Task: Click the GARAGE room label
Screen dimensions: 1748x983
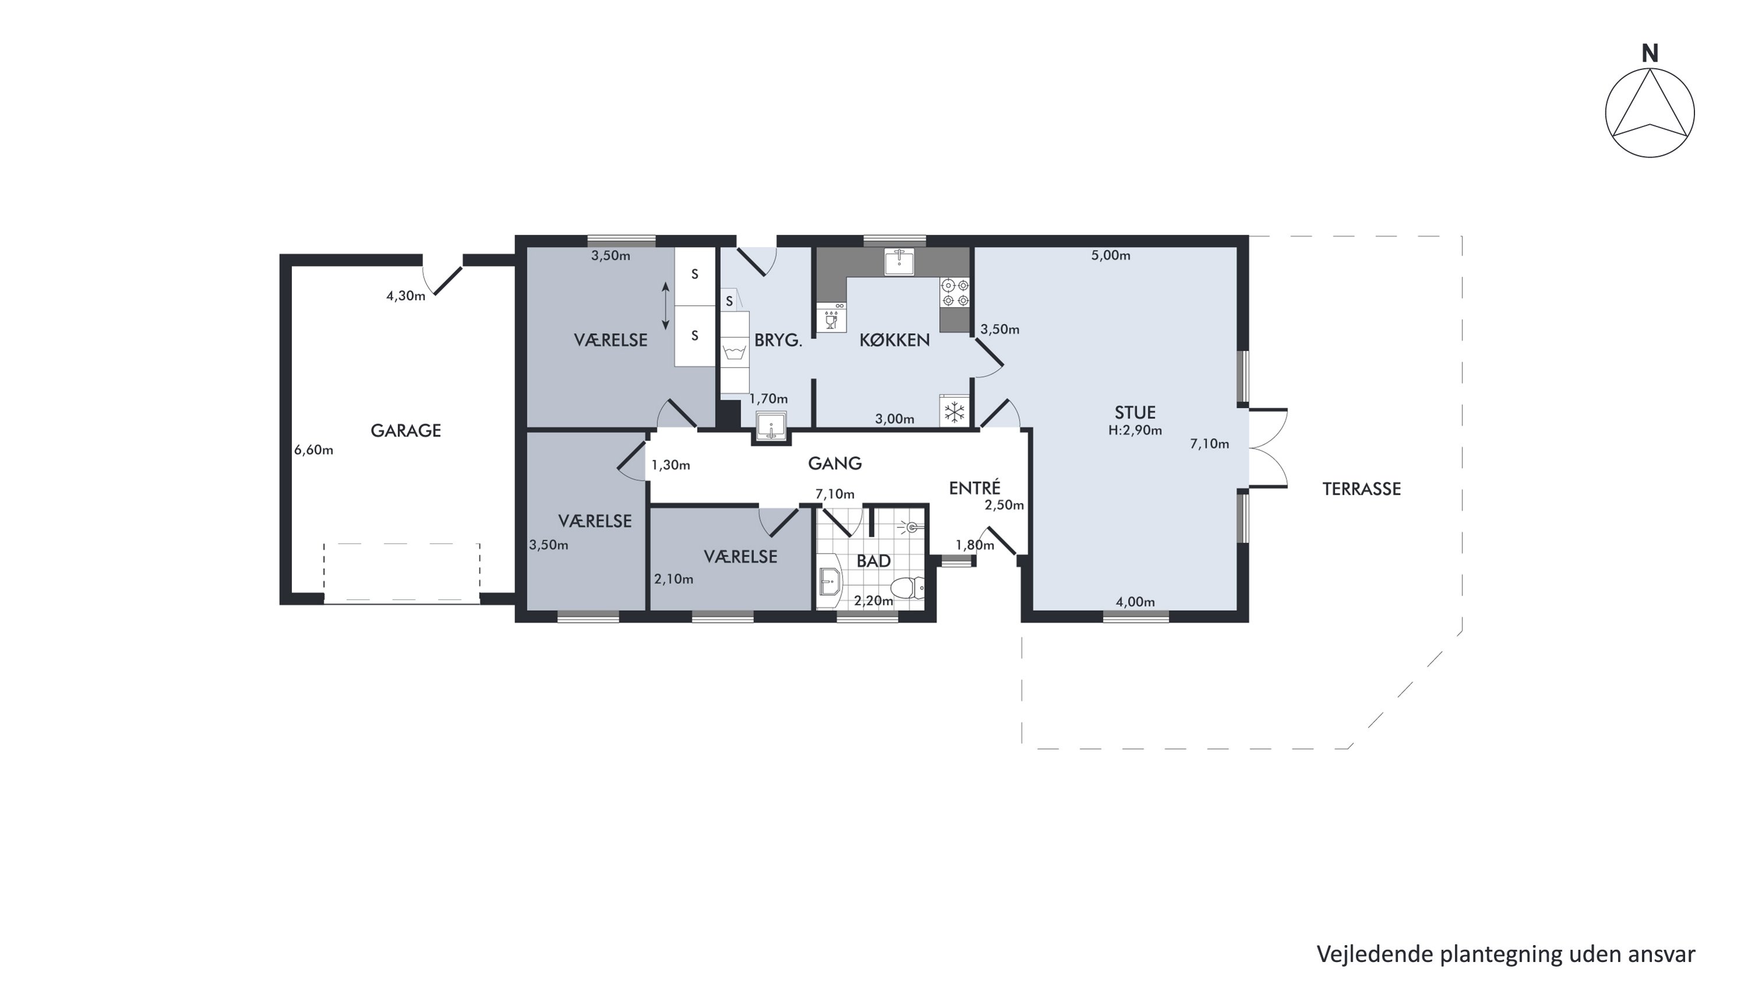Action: tap(406, 430)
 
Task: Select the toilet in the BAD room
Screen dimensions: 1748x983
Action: tap(907, 587)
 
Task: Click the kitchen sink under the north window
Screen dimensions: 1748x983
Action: tap(899, 261)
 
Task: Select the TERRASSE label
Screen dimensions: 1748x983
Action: tap(1361, 489)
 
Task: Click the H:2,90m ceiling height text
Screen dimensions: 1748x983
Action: tap(1134, 430)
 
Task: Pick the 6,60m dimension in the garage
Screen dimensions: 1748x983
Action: tap(313, 450)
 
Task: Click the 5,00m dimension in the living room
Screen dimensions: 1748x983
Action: tap(1111, 256)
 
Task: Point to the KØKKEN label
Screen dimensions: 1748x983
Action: tap(894, 340)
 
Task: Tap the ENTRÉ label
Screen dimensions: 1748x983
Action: tap(974, 488)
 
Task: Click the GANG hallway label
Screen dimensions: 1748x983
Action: tap(834, 463)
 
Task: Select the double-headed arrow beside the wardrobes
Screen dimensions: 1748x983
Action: tap(665, 306)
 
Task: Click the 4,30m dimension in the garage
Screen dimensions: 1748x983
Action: tap(406, 296)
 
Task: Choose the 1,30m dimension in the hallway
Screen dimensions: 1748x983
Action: tap(671, 466)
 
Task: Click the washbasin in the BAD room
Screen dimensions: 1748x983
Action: tap(829, 582)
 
